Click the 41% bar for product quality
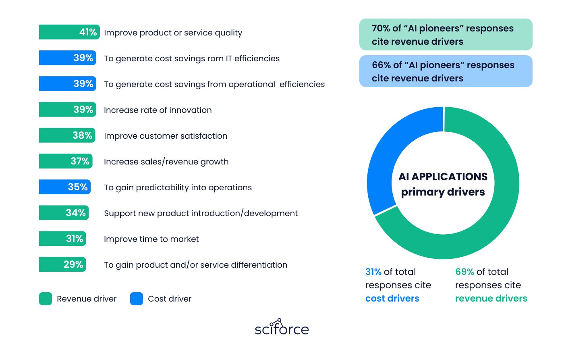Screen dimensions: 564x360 pyautogui.click(x=69, y=32)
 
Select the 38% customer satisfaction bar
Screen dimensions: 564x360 pyautogui.click(x=67, y=135)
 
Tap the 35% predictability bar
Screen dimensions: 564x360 pyautogui.click(x=65, y=187)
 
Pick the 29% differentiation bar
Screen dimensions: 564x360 pyautogui.click(x=62, y=264)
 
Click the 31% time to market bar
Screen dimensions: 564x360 pyautogui.click(x=62, y=239)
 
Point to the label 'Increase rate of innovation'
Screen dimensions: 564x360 pyautogui.click(x=158, y=110)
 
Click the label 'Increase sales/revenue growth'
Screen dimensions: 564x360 pyautogui.click(x=166, y=162)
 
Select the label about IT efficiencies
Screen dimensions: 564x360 pyautogui.click(x=192, y=58)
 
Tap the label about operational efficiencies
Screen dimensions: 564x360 pyautogui.click(x=214, y=84)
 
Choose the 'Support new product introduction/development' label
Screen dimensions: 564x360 pyautogui.click(x=201, y=213)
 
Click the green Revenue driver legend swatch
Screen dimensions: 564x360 pyautogui.click(x=46, y=299)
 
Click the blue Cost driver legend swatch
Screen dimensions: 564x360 pyautogui.click(x=137, y=299)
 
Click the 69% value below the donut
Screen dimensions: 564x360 pyautogui.click(x=464, y=272)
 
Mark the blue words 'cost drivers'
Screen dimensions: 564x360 pyautogui.click(x=392, y=299)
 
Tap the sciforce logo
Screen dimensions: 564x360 pyautogui.click(x=282, y=327)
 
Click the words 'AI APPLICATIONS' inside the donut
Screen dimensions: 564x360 pyautogui.click(x=443, y=177)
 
